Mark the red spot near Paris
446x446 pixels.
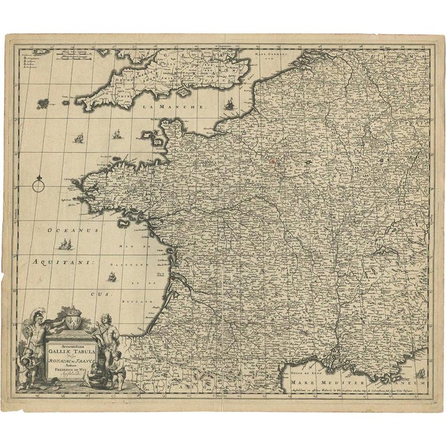pyautogui.click(x=273, y=162)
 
